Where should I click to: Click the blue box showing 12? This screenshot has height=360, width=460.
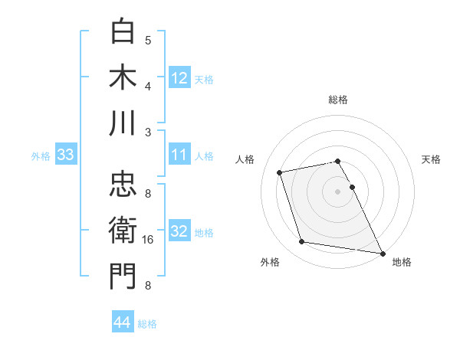pos(179,77)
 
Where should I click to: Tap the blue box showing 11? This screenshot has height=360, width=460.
pos(179,155)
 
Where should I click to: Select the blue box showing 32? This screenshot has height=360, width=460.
pos(179,231)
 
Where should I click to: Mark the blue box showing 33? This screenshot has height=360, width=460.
pos(66,155)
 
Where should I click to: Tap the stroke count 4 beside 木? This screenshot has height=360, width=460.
pos(149,85)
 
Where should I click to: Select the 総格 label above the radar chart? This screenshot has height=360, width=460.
pos(338,100)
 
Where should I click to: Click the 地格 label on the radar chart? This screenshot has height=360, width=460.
pos(402,262)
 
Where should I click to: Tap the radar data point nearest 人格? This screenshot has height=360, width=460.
pos(280,172)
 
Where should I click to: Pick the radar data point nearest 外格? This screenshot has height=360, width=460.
pos(302,242)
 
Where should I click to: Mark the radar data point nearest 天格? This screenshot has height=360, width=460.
pos(352,187)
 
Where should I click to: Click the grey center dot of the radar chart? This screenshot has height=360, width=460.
pos(338,191)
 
